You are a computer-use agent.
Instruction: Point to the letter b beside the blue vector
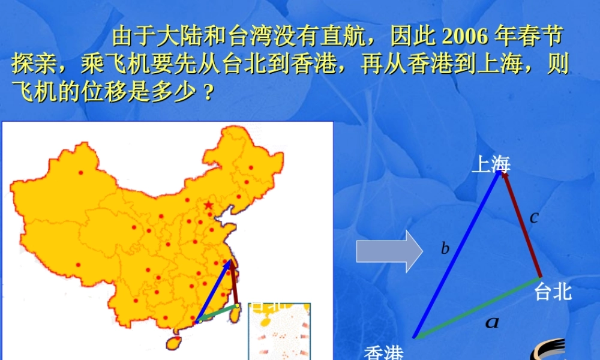click(445, 248)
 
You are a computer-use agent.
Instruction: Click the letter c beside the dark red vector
click(533, 217)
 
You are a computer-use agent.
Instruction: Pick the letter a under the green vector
click(492, 323)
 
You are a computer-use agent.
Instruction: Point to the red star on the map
click(208, 205)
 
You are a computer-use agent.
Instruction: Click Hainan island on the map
click(173, 342)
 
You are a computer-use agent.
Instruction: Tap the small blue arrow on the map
click(214, 291)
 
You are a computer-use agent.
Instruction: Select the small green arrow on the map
click(217, 313)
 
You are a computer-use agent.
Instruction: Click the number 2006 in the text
click(464, 37)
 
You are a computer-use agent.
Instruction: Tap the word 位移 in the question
click(95, 92)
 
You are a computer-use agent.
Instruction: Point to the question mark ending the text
click(208, 94)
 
